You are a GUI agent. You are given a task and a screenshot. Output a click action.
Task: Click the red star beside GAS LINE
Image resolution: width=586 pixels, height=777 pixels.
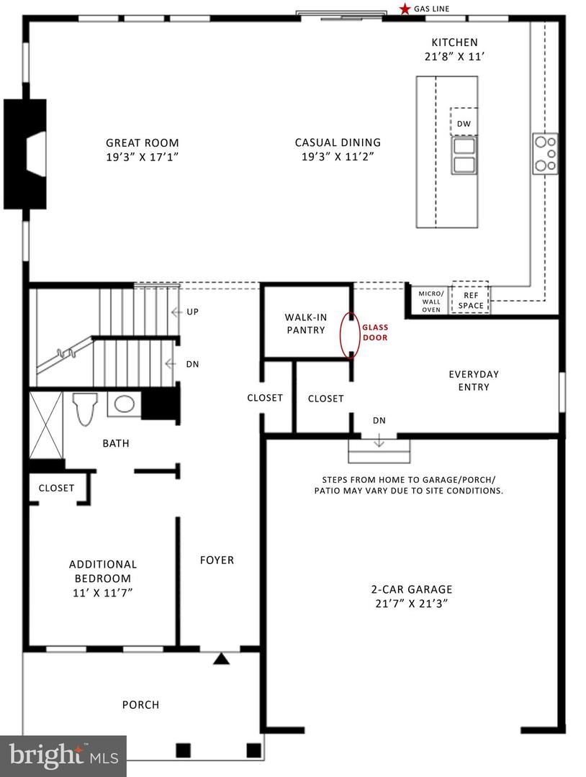[405, 9]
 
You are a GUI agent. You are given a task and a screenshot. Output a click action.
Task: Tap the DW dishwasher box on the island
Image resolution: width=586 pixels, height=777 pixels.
[464, 122]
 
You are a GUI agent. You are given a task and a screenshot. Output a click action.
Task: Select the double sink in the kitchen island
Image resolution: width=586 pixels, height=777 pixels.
[464, 155]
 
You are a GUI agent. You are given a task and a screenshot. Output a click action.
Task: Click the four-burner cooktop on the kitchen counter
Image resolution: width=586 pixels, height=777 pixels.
[545, 153]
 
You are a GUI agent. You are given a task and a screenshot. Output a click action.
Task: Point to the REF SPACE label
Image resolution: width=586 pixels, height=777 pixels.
[471, 300]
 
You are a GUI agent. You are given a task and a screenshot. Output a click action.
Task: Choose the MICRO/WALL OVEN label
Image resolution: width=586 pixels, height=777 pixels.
[431, 301]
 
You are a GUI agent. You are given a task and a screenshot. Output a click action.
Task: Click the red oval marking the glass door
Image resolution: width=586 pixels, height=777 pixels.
[350, 335]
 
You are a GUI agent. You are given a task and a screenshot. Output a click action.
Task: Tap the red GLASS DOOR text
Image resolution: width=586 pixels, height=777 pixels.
[375, 332]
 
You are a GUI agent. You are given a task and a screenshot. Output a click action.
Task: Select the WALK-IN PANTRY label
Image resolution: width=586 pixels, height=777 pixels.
[305, 324]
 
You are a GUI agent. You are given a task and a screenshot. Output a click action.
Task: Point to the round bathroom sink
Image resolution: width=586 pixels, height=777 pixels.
[125, 404]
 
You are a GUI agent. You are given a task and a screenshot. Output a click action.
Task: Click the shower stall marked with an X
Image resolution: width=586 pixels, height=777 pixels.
[46, 425]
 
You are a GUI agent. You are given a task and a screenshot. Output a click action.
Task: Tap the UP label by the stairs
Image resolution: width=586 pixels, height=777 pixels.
[192, 312]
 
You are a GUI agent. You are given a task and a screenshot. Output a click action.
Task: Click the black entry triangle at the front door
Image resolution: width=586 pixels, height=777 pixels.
[222, 658]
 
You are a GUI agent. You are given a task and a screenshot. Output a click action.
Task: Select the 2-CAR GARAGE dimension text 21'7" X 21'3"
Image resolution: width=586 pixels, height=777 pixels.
[412, 604]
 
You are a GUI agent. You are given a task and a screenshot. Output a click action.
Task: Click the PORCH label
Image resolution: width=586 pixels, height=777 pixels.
[141, 704]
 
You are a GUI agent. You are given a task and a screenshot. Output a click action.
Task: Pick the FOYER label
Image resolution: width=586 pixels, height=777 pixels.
[217, 560]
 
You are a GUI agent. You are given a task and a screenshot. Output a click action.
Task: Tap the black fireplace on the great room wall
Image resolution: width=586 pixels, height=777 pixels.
[25, 154]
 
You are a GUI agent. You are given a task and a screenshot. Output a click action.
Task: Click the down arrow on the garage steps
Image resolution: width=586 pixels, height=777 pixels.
[379, 440]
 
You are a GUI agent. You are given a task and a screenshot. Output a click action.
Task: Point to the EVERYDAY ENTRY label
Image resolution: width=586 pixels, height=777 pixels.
[474, 381]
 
